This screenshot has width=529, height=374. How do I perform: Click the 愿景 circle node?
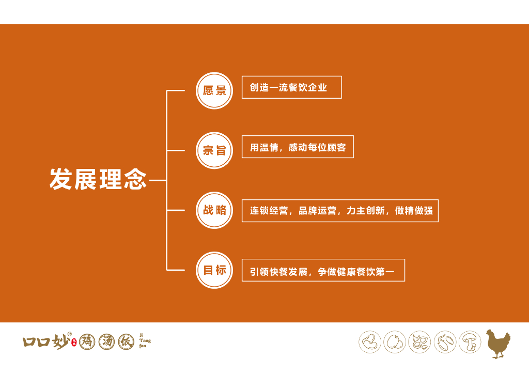pyautogui.click(x=214, y=90)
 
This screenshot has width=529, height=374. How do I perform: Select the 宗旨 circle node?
pyautogui.click(x=214, y=150)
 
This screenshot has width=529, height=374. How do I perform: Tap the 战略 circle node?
pyautogui.click(x=214, y=210)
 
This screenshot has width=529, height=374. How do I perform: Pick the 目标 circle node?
pyautogui.click(x=214, y=270)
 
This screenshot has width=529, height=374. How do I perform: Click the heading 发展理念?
pyautogui.click(x=98, y=179)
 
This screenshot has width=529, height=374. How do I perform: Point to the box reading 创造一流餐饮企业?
pyautogui.click(x=291, y=87)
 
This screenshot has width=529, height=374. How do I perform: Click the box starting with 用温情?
pyautogui.click(x=298, y=147)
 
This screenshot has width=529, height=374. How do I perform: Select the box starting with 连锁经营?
pyautogui.click(x=340, y=211)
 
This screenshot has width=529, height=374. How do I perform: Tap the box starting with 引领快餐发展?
pyautogui.click(x=323, y=270)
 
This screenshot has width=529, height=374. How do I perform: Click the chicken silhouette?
pyautogui.click(x=498, y=344)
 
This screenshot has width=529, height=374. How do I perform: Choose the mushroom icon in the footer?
pyautogui.click(x=470, y=342)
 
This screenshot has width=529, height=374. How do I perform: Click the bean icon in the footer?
pyautogui.click(x=370, y=342)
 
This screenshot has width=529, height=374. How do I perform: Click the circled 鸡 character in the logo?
pyautogui.click(x=87, y=341)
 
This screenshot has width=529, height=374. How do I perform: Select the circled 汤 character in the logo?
pyautogui.click(x=106, y=341)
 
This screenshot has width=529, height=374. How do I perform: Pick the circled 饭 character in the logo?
pyautogui.click(x=126, y=341)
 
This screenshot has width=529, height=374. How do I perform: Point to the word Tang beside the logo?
pyautogui.click(x=145, y=340)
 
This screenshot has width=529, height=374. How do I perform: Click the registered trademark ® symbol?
pyautogui.click(x=70, y=334)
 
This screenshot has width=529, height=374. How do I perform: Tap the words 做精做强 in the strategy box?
pyautogui.click(x=414, y=211)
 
